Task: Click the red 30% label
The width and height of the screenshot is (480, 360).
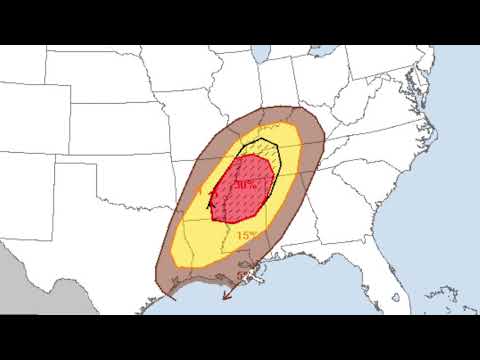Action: coord(245,185)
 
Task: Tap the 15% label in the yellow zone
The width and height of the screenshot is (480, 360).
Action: coord(246,235)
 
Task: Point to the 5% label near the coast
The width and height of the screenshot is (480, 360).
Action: coord(242,273)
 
